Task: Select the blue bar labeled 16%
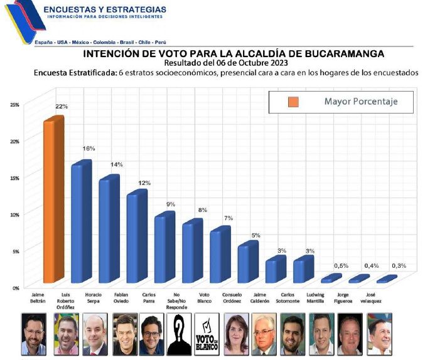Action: [x=81, y=223]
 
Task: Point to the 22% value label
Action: [x=61, y=107]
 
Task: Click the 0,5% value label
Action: [x=340, y=266]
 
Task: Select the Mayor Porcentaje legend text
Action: [x=360, y=102]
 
